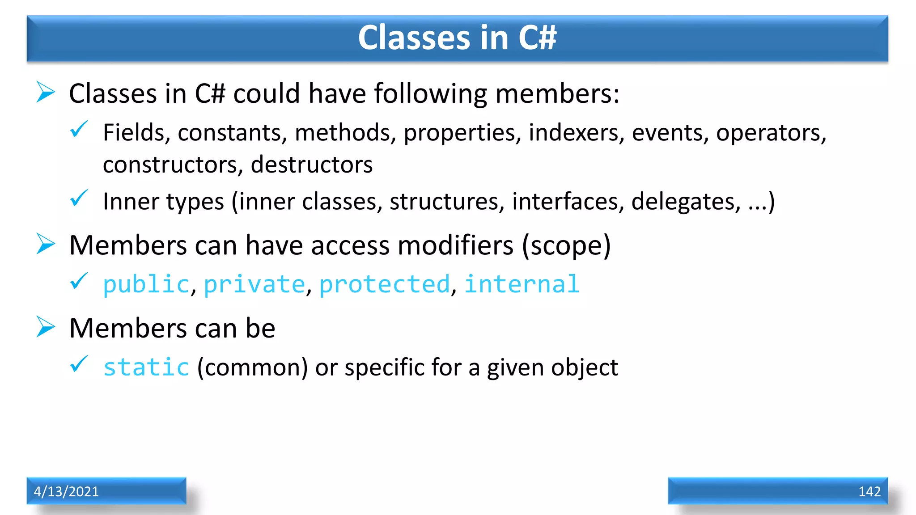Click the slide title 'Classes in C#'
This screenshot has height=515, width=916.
[x=457, y=38]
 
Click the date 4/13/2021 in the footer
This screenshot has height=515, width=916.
[x=66, y=491]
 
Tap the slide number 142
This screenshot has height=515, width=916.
[x=869, y=491]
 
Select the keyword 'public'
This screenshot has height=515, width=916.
[x=146, y=285]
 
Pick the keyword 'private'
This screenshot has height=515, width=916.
[x=254, y=285]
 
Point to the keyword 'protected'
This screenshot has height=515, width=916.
[x=385, y=285]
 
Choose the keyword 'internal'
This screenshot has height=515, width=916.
[x=522, y=284]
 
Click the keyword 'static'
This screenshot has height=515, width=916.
[x=146, y=367]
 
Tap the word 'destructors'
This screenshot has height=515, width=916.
[x=312, y=165]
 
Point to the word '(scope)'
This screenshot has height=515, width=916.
[x=566, y=245]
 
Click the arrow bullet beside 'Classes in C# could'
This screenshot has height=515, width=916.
[x=46, y=92]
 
